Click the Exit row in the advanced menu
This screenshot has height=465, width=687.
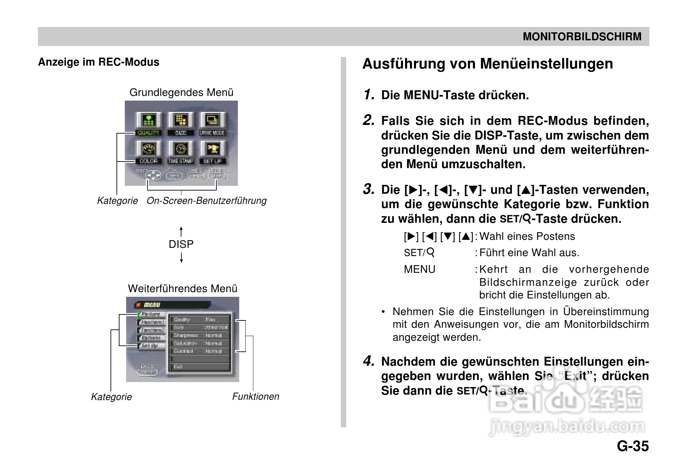point(200,367)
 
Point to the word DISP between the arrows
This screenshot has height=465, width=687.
point(181,244)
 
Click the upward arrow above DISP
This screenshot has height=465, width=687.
point(181,231)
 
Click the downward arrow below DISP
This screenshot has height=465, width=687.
point(181,257)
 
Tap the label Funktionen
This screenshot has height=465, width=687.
point(256,396)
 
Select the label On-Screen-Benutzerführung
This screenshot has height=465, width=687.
point(206,201)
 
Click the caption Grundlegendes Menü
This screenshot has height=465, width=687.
point(181,92)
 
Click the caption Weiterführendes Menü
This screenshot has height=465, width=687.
point(182,288)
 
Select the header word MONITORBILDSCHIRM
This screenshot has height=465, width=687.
point(582,37)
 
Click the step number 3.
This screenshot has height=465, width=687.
point(368,189)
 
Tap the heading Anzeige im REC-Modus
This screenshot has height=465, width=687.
point(99,62)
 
